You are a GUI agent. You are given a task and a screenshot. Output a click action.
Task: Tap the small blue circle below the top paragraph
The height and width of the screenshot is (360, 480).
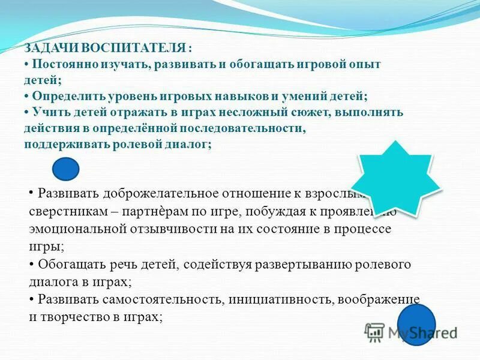pos(66,169)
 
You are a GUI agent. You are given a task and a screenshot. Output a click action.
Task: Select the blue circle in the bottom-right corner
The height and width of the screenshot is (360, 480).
pos(416,324)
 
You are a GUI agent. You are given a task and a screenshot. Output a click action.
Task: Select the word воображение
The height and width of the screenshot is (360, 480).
pos(377,299)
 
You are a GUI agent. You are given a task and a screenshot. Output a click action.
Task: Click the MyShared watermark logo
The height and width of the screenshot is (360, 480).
pos(411,332)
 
